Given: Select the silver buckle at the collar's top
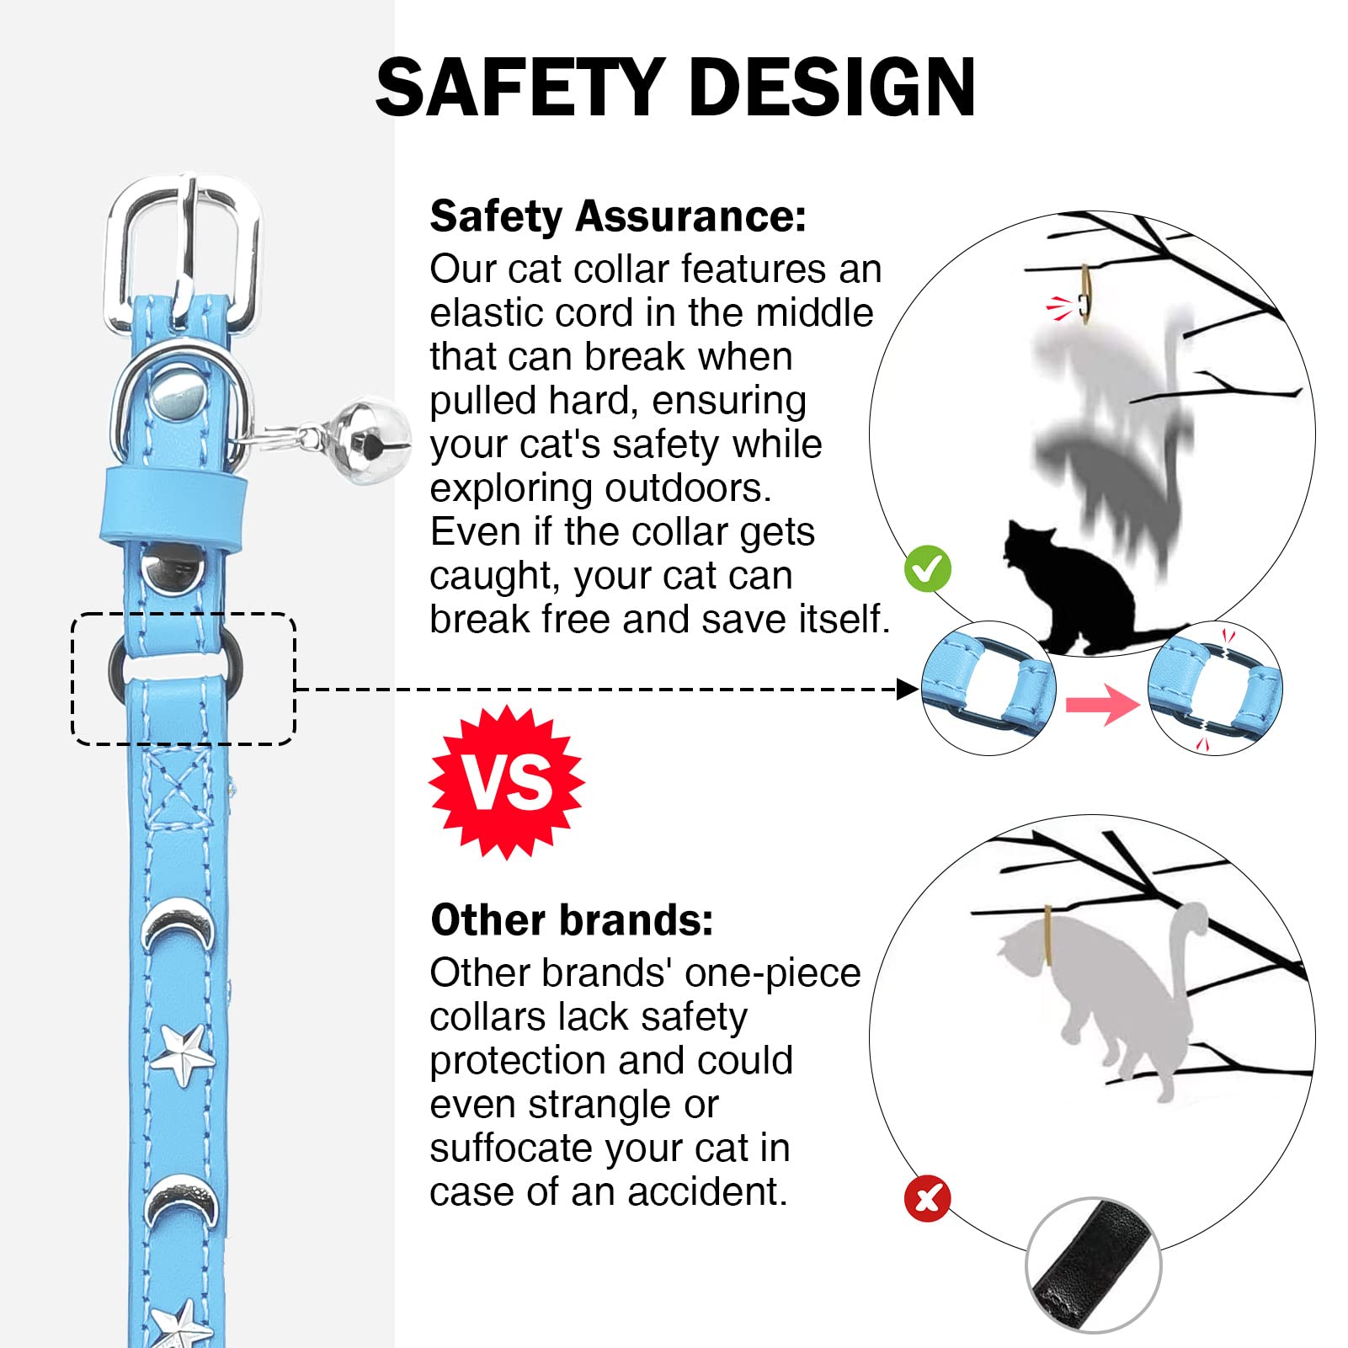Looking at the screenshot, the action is coord(183,253).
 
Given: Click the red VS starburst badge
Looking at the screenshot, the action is coord(507,781).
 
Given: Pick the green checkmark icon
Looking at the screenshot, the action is coord(928,569).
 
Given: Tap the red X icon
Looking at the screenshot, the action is coord(928,1198).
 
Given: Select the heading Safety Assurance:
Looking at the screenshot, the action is coord(618,216).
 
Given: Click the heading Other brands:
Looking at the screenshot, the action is coord(572,919).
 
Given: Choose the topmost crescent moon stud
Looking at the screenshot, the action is coord(178,926).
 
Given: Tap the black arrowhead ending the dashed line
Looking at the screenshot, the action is coord(908,690).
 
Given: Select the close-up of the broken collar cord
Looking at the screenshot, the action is coord(1214,688).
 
